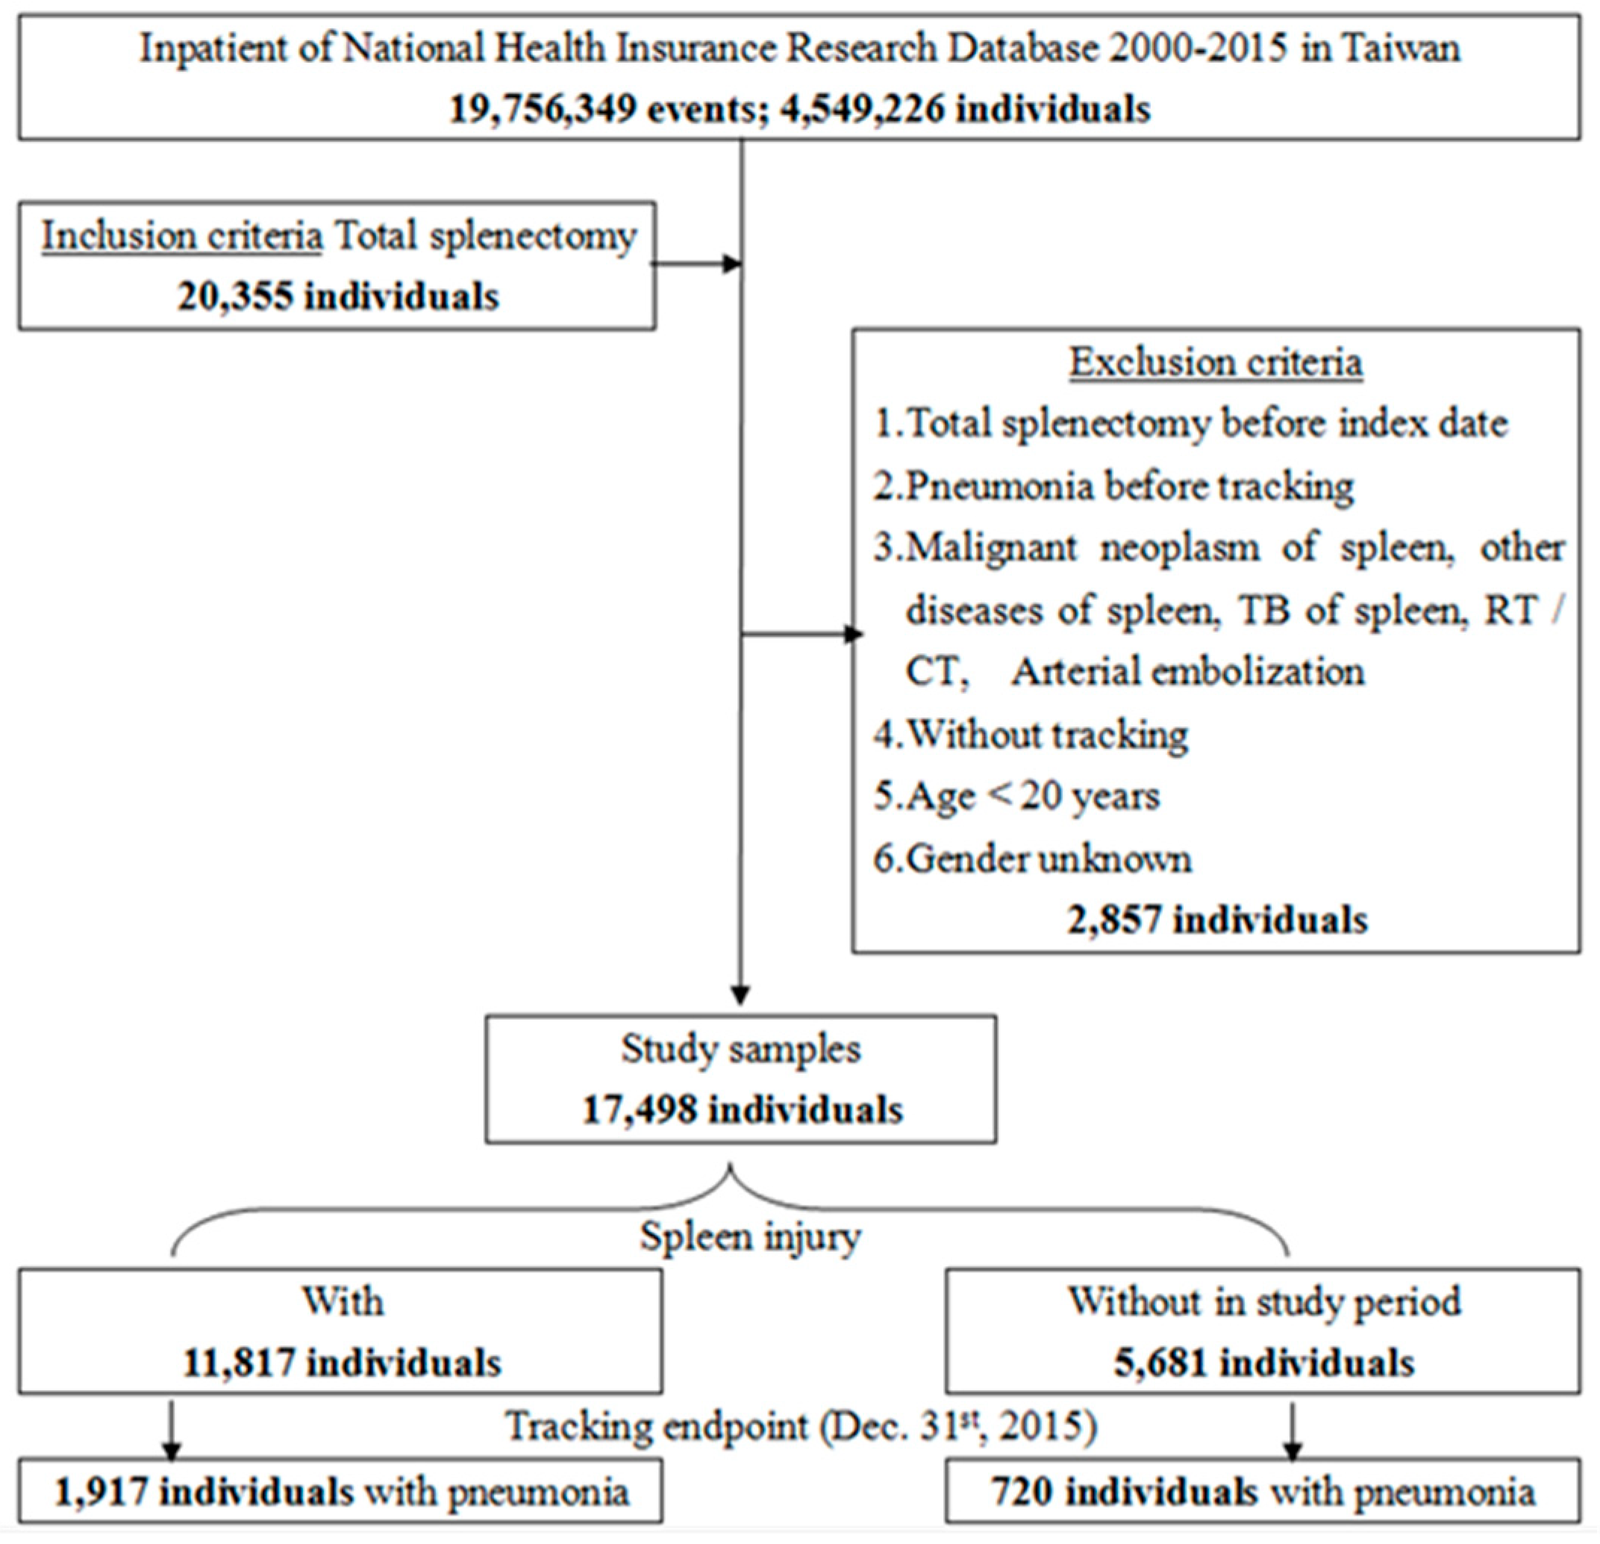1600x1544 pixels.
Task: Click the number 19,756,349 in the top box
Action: point(542,108)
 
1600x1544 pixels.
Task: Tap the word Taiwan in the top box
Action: point(1401,49)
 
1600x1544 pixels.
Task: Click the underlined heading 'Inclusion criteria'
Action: point(182,237)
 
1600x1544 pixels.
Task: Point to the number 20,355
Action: point(234,296)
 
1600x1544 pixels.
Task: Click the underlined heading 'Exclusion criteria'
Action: point(1216,363)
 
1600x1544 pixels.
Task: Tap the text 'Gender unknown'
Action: point(1049,859)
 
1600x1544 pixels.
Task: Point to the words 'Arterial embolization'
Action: point(1188,672)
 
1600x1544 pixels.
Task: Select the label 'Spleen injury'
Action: point(750,1236)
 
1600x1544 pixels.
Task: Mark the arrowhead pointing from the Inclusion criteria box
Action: point(731,264)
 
